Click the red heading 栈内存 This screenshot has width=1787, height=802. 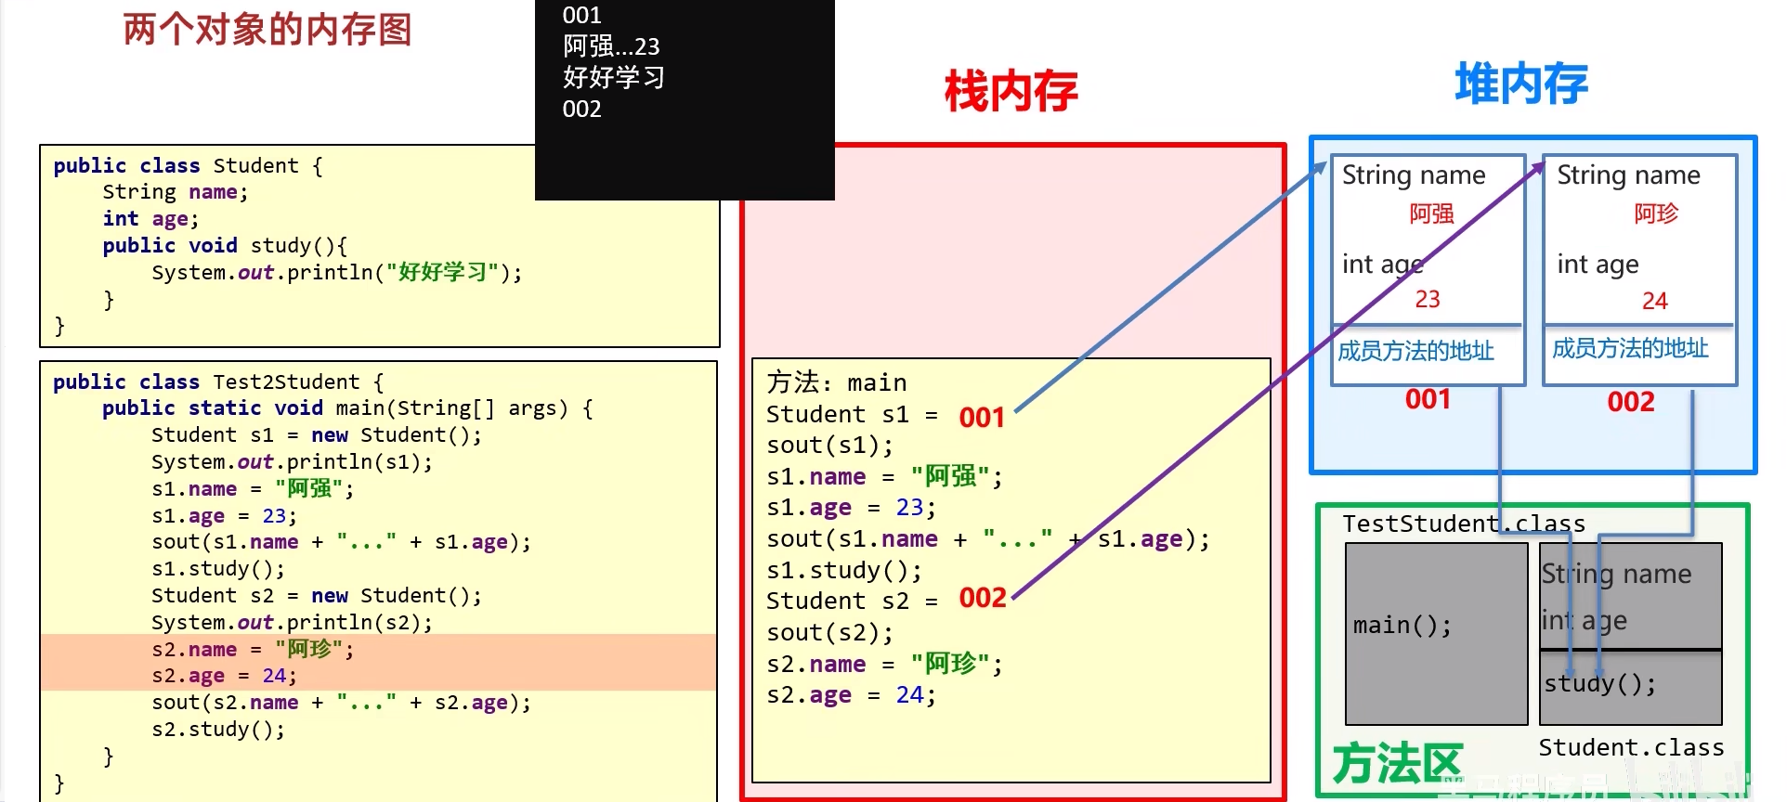click(1011, 92)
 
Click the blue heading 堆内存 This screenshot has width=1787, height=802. click(1520, 84)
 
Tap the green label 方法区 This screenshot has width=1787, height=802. click(1397, 763)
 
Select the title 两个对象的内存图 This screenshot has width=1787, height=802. click(267, 30)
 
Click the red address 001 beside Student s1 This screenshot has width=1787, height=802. click(982, 417)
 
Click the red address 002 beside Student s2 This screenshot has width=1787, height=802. click(983, 597)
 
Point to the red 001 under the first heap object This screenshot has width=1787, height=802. click(1428, 399)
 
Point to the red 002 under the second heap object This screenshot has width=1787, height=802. click(1631, 402)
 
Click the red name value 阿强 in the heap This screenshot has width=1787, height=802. click(1431, 213)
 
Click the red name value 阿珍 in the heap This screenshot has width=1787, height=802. click(1656, 213)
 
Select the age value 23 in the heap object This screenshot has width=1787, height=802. click(1428, 299)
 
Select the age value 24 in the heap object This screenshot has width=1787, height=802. click(1654, 301)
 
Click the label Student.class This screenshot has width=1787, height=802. click(1631, 747)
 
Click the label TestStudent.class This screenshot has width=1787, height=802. click(1464, 524)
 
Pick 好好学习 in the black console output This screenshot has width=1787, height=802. click(613, 77)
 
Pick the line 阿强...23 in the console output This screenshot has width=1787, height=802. click(610, 46)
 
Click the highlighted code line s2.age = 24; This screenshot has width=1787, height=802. click(224, 676)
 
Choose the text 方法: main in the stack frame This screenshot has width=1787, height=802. click(836, 382)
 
